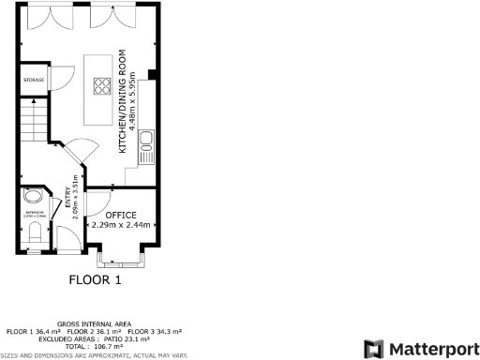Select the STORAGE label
click(34, 80)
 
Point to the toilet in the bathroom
click(35, 240)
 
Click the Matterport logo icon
click(373, 348)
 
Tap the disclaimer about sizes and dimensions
click(94, 355)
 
